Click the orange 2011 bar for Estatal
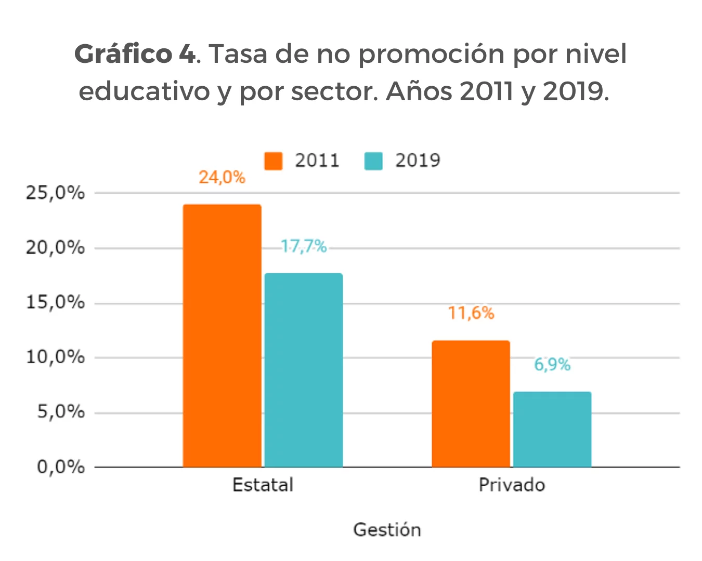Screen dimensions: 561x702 (x=222, y=336)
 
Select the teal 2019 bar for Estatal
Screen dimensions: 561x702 (x=304, y=370)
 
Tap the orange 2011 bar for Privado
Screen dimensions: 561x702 (x=471, y=404)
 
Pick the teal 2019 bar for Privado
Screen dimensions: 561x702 (x=552, y=429)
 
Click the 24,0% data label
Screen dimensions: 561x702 (x=222, y=178)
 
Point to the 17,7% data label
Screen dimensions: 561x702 (x=304, y=246)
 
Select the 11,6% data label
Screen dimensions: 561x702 (x=471, y=313)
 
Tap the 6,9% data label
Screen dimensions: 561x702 (x=552, y=365)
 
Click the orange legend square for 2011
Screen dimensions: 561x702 (x=274, y=161)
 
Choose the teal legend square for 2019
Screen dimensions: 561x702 (x=373, y=161)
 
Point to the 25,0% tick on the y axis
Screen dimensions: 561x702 (x=55, y=193)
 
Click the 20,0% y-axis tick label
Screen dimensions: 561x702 (x=55, y=248)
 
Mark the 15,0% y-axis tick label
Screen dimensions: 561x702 (x=55, y=302)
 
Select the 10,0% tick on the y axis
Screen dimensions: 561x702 (x=55, y=357)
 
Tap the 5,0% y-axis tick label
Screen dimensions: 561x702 (x=60, y=412)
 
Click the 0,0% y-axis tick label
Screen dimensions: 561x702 (x=60, y=467)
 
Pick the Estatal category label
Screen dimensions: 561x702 (x=263, y=485)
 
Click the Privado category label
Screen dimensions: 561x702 (x=512, y=485)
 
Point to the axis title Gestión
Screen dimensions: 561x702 (x=387, y=530)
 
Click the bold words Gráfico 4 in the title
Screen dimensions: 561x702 (x=135, y=54)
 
